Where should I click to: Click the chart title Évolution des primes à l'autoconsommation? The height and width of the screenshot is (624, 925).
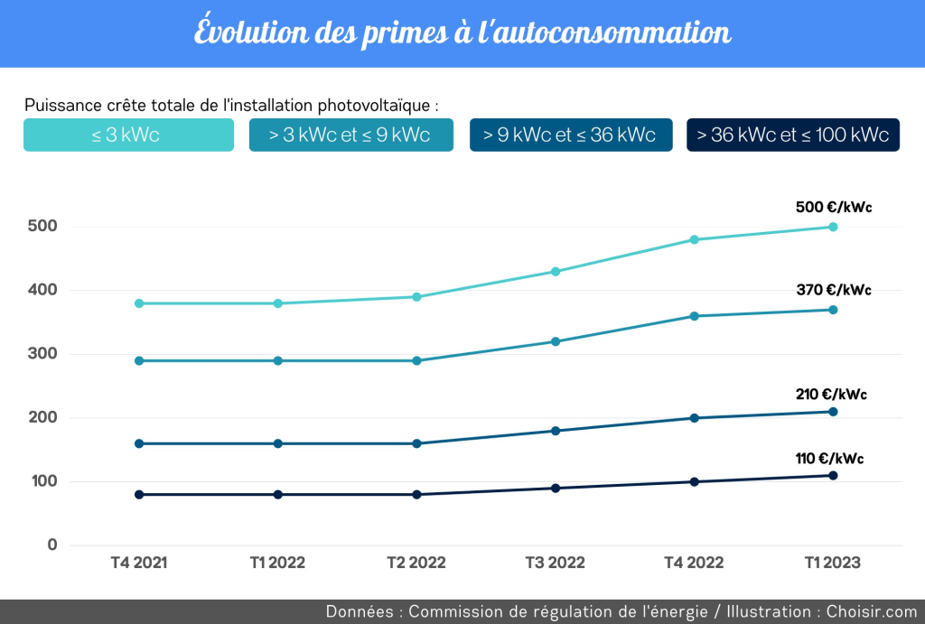(462, 33)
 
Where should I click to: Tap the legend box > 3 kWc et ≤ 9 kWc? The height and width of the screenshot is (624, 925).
(350, 135)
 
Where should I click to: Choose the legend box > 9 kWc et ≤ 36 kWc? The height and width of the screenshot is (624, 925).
(570, 135)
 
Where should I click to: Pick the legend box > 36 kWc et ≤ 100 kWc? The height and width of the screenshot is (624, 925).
(792, 135)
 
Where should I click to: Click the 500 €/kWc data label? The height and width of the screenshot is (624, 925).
(833, 208)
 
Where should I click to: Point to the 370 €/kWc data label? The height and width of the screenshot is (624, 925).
(833, 290)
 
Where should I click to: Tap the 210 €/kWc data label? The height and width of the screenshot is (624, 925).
(833, 394)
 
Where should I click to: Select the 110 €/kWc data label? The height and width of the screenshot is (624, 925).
(829, 458)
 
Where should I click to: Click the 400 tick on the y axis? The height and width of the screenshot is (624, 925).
(46, 291)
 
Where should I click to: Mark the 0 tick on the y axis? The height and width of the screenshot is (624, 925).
(52, 545)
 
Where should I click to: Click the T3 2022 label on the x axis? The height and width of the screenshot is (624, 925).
(556, 563)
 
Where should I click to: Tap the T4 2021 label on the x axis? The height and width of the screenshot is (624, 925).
(139, 563)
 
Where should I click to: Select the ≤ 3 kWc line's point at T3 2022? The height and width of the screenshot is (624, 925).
(556, 271)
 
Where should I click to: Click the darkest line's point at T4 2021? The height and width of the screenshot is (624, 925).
(139, 494)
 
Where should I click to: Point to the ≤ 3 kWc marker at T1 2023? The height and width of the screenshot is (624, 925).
(833, 227)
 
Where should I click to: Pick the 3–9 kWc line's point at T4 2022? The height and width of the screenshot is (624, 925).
(694, 316)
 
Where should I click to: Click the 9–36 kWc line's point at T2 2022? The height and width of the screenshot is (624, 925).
(416, 443)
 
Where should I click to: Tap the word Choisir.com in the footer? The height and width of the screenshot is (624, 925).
(872, 611)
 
